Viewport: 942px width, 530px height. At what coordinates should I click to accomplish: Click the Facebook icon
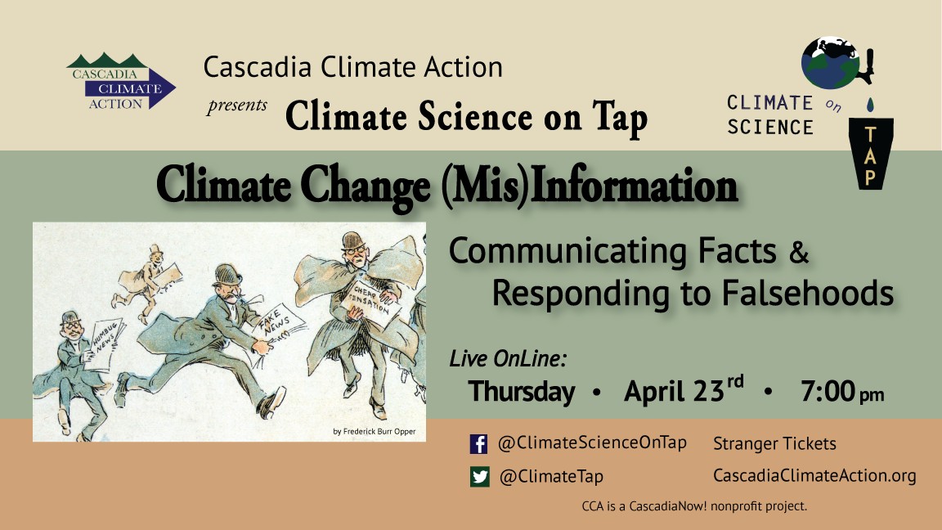click(479, 444)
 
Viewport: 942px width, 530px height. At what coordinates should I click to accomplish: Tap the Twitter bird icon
click(479, 477)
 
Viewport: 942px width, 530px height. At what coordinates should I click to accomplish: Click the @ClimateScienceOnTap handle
click(592, 442)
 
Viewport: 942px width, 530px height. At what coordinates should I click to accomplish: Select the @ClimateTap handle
click(551, 477)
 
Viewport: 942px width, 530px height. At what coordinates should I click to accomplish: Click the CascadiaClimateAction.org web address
click(814, 475)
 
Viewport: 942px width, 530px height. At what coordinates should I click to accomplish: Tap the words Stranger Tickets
click(774, 443)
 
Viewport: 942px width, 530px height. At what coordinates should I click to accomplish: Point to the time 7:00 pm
click(841, 391)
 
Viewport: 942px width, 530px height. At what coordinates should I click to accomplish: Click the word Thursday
click(522, 392)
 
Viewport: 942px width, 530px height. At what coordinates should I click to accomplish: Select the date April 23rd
click(684, 390)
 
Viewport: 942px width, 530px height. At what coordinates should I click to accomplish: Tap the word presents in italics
click(237, 106)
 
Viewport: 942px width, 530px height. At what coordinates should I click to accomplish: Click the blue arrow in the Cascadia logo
click(130, 89)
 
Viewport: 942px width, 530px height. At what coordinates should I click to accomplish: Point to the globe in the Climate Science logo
click(830, 62)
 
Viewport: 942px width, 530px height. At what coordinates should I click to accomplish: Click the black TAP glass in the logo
click(871, 153)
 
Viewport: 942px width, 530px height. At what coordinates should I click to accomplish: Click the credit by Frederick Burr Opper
click(375, 432)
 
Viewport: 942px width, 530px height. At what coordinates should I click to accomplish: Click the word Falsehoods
click(807, 293)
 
